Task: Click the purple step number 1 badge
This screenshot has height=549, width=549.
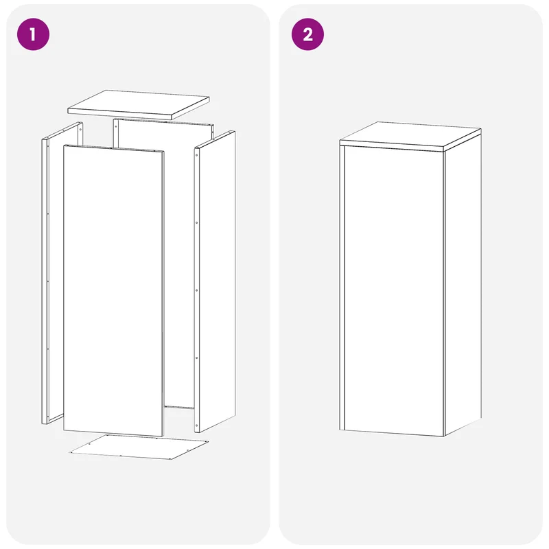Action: click(33, 34)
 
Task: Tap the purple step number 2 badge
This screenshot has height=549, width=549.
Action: click(307, 34)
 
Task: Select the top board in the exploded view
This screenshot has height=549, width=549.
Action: click(139, 104)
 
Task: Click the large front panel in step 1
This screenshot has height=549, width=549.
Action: click(113, 290)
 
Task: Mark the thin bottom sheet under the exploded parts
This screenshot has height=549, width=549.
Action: click(139, 447)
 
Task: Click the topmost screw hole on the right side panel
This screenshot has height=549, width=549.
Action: click(197, 155)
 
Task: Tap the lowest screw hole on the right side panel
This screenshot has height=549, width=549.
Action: click(197, 425)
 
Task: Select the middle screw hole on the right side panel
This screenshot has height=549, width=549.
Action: click(197, 290)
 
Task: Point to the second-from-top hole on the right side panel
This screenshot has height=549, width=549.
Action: click(197, 222)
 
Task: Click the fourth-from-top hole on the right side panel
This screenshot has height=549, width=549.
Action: click(197, 358)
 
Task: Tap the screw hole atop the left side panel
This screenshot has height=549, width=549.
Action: click(80, 129)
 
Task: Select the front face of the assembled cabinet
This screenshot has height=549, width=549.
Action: click(394, 290)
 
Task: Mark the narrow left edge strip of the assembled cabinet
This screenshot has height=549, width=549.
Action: click(342, 288)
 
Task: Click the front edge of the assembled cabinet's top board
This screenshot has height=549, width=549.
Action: click(391, 145)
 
